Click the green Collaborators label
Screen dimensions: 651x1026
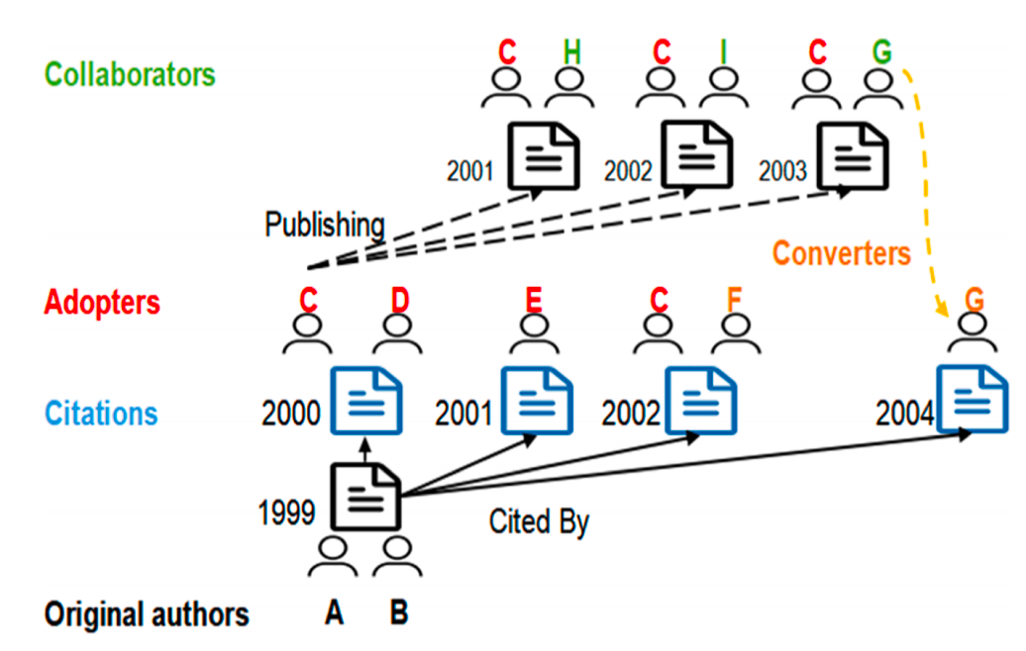(130, 74)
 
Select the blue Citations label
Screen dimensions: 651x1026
(101, 413)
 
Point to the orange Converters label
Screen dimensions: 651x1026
(841, 253)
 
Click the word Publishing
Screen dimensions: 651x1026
(324, 226)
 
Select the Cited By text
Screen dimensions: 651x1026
(539, 521)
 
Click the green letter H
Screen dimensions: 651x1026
(570, 52)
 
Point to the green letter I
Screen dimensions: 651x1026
(722, 52)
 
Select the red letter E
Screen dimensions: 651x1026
(535, 299)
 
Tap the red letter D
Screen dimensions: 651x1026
(398, 299)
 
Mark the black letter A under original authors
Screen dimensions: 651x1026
(335, 613)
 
